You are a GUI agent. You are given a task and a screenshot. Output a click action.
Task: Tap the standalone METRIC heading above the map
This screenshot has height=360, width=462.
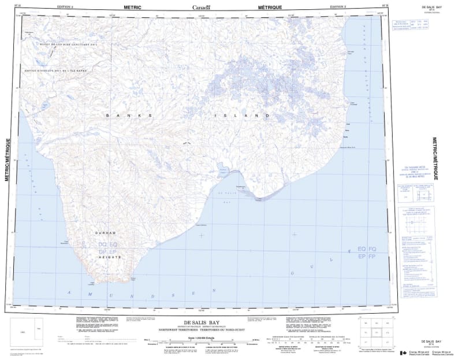pos(132,7)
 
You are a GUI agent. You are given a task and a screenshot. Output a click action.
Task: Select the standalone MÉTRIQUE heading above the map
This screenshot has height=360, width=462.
pos(270,7)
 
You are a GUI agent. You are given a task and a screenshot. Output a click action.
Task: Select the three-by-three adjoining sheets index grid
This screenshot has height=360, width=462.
pos(377,332)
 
